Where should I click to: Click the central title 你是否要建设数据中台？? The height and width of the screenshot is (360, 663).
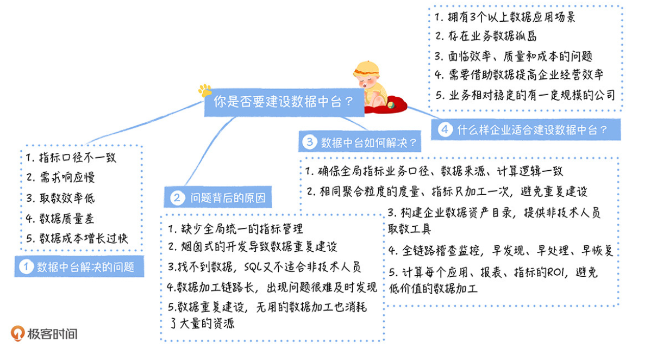pos(283,102)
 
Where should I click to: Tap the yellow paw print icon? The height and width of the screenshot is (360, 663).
pos(205,90)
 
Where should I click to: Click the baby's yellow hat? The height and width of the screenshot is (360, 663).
pos(366,69)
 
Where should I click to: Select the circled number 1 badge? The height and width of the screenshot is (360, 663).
pos(26,266)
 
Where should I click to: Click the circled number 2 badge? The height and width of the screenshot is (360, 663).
pos(177,197)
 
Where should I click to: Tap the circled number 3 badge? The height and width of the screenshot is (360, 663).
pos(310,142)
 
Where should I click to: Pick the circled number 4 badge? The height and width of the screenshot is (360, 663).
pos(445,129)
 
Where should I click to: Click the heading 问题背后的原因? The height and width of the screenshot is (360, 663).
pos(228,197)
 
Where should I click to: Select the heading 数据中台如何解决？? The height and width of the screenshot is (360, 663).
pos(369,142)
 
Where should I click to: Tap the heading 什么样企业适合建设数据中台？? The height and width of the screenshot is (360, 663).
pos(532,130)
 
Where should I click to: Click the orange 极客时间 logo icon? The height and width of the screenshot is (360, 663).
pos(17,333)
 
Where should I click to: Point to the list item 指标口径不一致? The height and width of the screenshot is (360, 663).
pos(78,157)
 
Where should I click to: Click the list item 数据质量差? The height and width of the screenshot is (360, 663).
pos(67,219)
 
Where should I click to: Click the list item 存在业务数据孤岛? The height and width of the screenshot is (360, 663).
pos(492,36)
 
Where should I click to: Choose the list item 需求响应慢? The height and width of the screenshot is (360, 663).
pos(67,177)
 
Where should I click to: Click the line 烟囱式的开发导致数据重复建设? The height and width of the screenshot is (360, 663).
pos(259,246)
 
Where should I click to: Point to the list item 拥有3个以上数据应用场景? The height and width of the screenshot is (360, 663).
pos(511,17)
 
